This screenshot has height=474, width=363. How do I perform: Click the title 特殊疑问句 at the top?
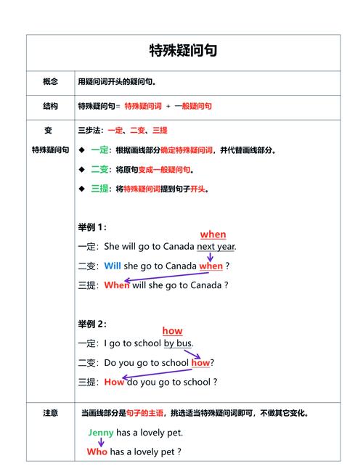coord(183,51)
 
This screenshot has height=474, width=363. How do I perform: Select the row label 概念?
coord(50,82)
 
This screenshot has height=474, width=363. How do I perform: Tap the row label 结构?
coord(50,106)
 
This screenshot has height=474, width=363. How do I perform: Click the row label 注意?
coord(50,413)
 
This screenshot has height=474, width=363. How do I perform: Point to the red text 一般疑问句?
coord(193,106)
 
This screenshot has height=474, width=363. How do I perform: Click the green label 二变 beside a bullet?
coord(100,169)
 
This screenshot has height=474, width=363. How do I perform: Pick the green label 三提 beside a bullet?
coord(100,189)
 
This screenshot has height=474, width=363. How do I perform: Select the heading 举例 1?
coord(92,227)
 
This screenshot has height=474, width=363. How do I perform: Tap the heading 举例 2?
coord(92,324)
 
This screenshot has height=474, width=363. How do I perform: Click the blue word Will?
coord(113,266)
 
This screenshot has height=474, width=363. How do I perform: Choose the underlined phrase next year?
coord(216,246)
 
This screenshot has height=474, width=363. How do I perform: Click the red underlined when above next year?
coord(213,234)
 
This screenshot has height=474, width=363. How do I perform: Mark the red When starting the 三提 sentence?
coord(116,285)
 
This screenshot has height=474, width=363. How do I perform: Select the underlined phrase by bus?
coord(178,343)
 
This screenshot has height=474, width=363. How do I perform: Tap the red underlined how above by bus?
coord(172,331)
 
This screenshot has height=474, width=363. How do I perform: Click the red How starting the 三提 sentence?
coord(114,382)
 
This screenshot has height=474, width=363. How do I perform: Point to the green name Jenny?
coord(100,433)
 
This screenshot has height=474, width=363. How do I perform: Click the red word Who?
coord(97,451)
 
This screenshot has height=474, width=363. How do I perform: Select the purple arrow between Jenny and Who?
coord(101,442)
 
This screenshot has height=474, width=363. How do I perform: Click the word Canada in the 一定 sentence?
coord(179,246)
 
